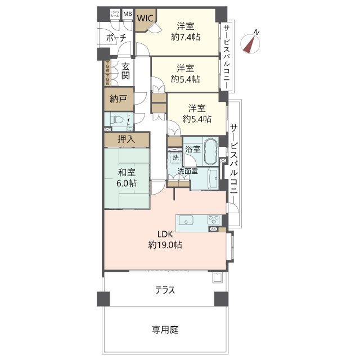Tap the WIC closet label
(x=145, y=17)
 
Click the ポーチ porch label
(x=116, y=38)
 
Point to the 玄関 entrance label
(x=125, y=70)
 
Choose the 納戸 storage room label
(x=118, y=99)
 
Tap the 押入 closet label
(x=125, y=139)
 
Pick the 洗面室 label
(x=188, y=171)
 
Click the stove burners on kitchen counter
(x=214, y=219)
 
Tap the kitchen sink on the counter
(x=187, y=220)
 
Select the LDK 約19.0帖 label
(x=165, y=240)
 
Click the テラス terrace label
(x=165, y=290)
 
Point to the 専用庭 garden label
(x=165, y=330)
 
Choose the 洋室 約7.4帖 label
(x=185, y=31)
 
